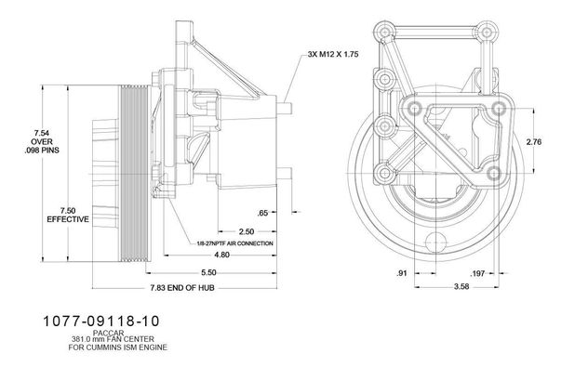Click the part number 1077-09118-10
[x=101, y=321]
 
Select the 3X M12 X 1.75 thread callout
[x=333, y=54]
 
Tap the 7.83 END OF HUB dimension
[x=182, y=288]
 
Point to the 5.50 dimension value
[x=208, y=272]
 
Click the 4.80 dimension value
[x=221, y=255]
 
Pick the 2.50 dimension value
[x=247, y=231]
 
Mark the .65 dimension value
[x=262, y=213]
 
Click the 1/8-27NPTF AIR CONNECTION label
[x=235, y=243]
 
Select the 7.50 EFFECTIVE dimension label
[x=68, y=215]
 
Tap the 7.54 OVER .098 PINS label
[x=42, y=141]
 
